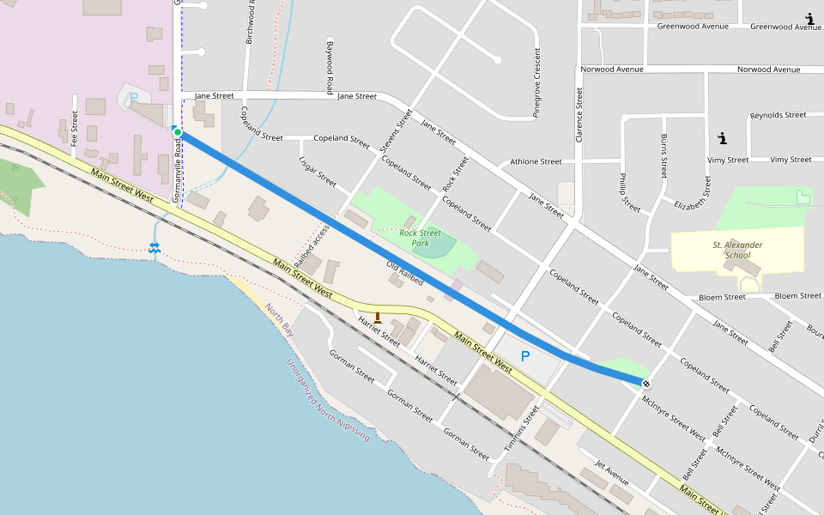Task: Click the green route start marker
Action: pos(177,132)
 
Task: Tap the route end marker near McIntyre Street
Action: pos(645,383)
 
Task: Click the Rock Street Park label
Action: pos(420,238)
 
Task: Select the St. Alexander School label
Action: pos(737,250)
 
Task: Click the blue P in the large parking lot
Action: pos(525,356)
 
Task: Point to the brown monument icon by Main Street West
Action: pos(377,318)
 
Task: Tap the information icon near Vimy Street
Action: pos(722,137)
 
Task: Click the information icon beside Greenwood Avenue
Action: pos(809,18)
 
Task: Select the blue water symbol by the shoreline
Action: pos(154,247)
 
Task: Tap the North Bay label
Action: pos(279,318)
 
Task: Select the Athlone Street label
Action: pos(536,161)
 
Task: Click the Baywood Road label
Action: pos(330,67)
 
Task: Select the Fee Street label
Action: pos(75,127)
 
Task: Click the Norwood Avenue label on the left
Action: pos(612,70)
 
